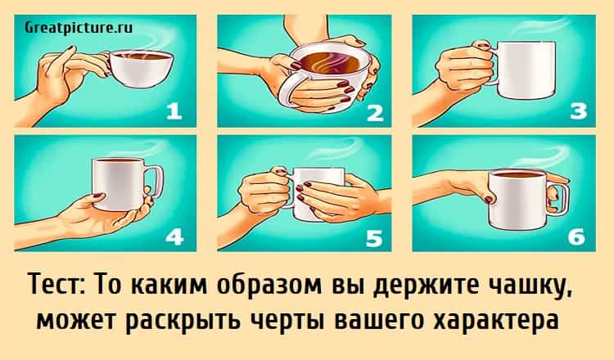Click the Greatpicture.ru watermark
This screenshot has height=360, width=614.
(79, 27)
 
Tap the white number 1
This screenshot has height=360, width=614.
(174, 110)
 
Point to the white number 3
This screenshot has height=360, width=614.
(578, 110)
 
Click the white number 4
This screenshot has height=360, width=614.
(174, 236)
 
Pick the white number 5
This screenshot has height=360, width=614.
(373, 238)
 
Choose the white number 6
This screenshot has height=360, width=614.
(576, 236)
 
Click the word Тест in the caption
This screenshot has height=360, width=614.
(58, 285)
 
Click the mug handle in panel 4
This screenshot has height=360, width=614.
(156, 182)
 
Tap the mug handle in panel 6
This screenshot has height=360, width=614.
(561, 200)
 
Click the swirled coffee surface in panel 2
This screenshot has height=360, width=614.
(332, 63)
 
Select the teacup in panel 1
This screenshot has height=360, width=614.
(140, 69)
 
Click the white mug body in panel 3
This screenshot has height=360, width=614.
(526, 70)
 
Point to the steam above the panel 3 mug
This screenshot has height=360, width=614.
(540, 26)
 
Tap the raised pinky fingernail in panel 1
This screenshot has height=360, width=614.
(70, 48)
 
